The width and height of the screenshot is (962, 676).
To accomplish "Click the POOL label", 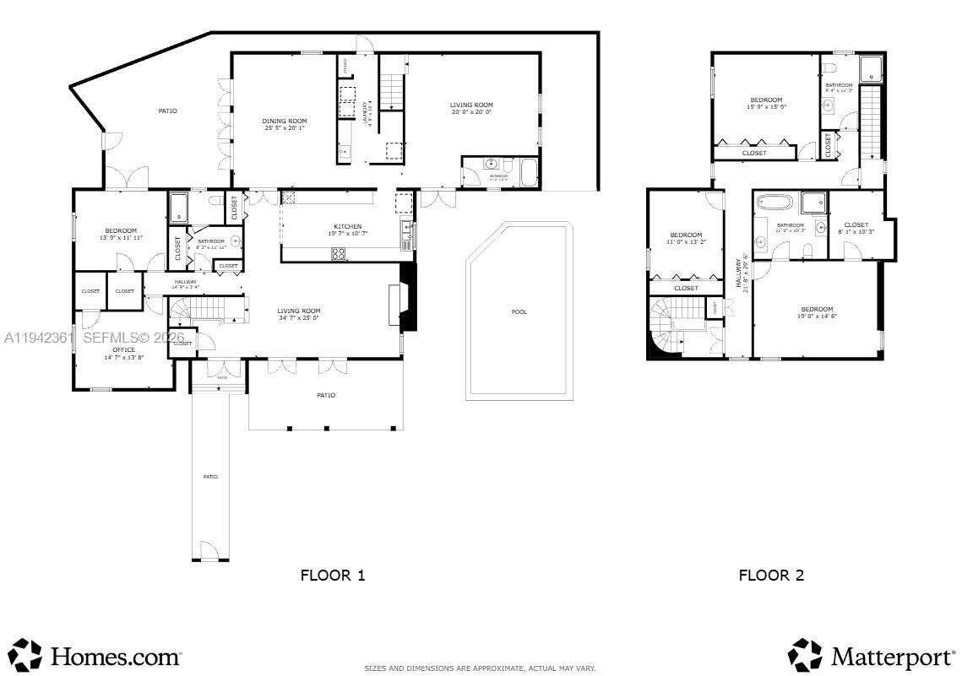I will pos(519,312).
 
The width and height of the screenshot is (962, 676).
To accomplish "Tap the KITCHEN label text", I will pos(347,227).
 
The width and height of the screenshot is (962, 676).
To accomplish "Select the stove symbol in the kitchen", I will pos(338,252).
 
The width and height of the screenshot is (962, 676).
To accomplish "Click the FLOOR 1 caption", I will pos(333,576).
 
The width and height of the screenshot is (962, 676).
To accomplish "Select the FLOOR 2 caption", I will pos(771,576).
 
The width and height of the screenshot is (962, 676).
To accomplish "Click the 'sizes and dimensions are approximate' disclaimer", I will pos(480,668).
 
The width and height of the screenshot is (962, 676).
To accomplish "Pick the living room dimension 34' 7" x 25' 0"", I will pos(299,318).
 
